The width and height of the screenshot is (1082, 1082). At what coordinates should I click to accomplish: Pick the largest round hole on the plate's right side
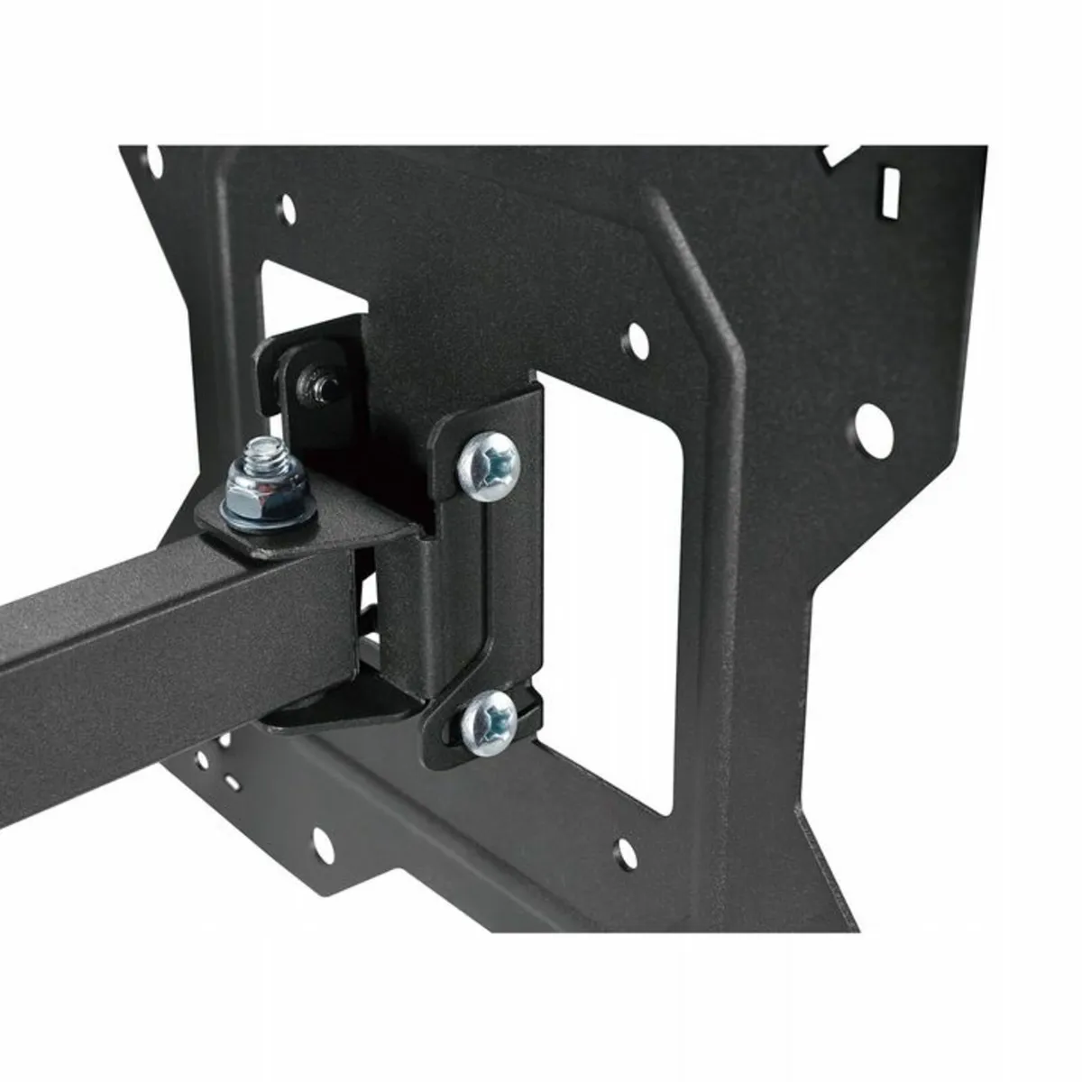tap(872, 421)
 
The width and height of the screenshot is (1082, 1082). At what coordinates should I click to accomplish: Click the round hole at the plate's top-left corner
tap(154, 163)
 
